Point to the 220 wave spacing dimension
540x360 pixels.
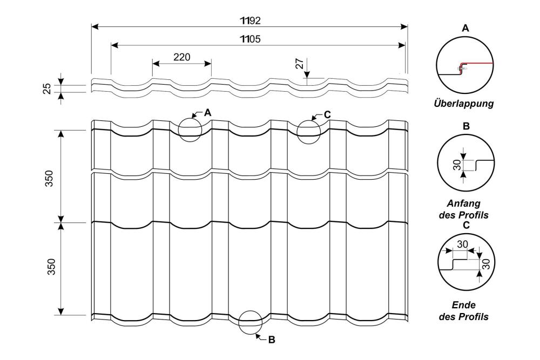(181, 57)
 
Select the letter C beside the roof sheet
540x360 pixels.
(327, 114)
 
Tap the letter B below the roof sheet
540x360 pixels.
(272, 340)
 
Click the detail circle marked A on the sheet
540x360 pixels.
(190, 130)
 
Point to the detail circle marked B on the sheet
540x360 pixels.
(251, 323)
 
